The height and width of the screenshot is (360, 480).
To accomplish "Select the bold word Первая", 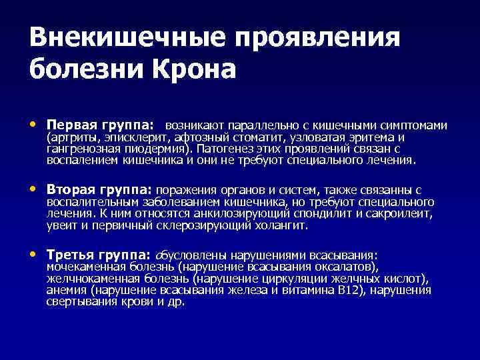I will coord(71,125).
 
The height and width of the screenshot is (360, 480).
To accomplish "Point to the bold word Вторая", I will coord(71,191).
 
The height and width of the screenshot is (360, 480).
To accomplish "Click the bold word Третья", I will coord(72,255).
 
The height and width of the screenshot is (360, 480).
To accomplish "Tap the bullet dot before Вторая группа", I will coord(33,191).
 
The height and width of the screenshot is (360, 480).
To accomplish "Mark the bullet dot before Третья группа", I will coord(33,255).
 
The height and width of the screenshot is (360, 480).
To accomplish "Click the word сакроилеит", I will coord(406,215).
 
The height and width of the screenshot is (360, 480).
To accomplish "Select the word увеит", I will coord(62,226).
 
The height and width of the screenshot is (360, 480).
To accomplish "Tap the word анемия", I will coord(68,291).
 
